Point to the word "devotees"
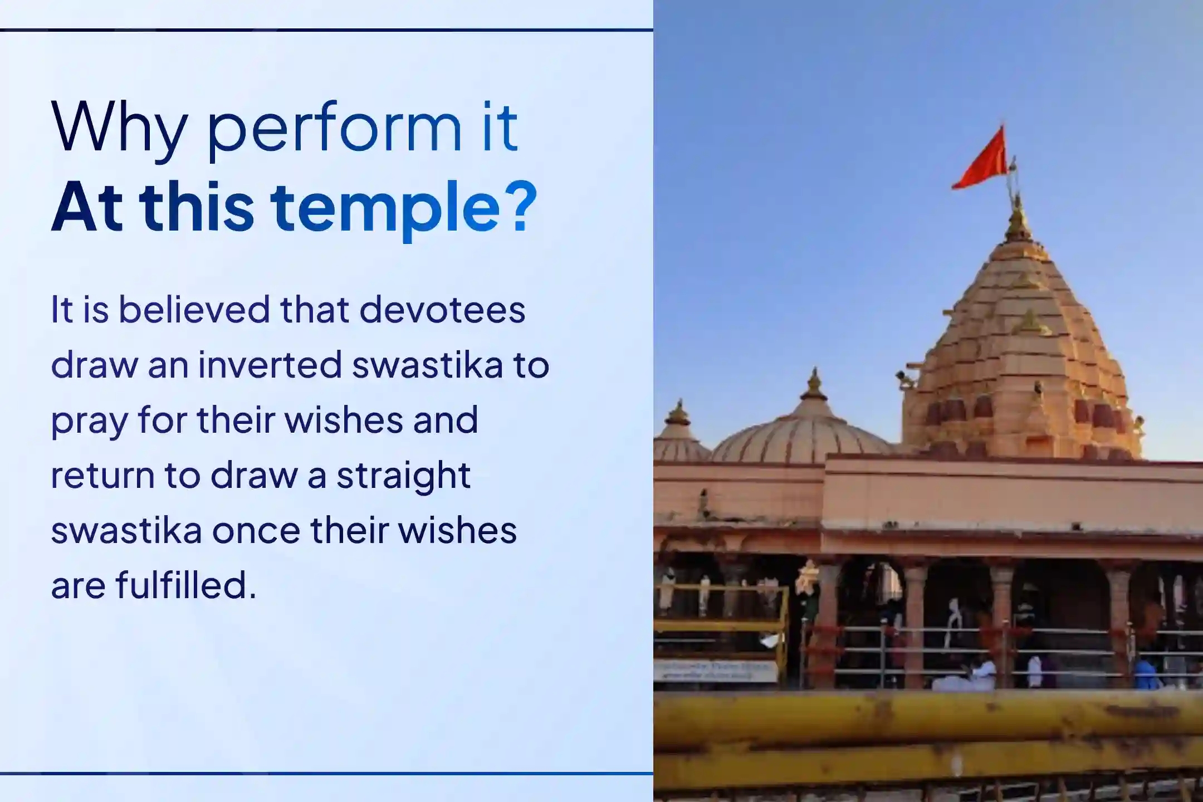[442, 310]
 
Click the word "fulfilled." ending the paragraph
[186, 585]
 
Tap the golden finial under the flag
[1018, 220]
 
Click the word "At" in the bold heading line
[87, 207]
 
